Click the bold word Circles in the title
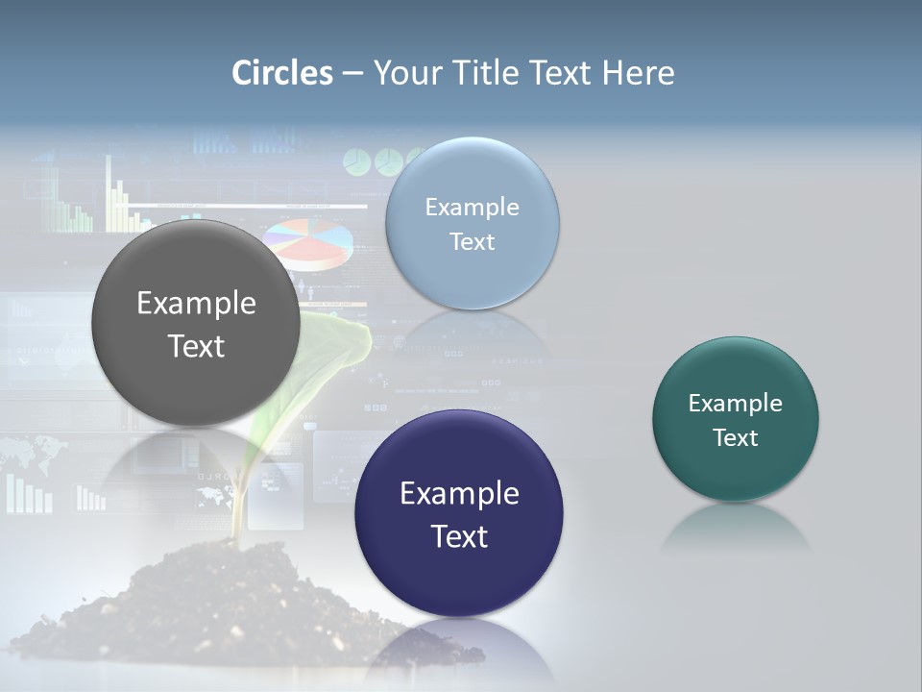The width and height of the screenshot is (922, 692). tap(282, 73)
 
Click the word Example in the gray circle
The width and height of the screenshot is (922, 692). tap(196, 304)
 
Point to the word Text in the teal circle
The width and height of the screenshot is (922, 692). tap(736, 438)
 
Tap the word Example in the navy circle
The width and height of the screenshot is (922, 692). tap(459, 494)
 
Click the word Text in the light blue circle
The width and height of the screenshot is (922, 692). tap(473, 242)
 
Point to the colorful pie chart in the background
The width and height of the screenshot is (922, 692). tap(307, 242)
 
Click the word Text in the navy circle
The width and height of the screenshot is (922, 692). tap(459, 536)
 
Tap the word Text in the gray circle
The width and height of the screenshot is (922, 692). tap(196, 346)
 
